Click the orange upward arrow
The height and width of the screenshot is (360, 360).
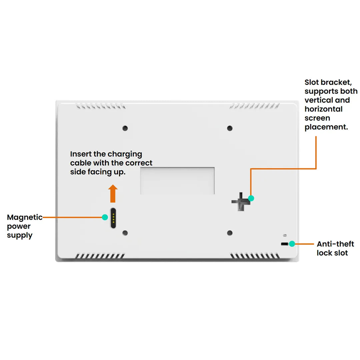(x=113, y=194)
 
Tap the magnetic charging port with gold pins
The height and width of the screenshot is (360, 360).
(x=113, y=218)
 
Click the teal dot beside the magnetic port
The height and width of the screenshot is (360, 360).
(x=105, y=217)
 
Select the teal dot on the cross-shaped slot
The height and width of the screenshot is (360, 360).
(x=251, y=198)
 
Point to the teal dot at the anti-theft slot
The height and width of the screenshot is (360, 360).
(x=292, y=244)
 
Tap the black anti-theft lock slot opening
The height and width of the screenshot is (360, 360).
(x=284, y=244)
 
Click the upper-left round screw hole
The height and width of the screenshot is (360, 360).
(x=125, y=128)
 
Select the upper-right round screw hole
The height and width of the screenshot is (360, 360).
(x=230, y=128)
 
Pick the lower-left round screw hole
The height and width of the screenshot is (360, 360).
(x=125, y=233)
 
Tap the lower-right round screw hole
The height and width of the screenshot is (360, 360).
(x=230, y=233)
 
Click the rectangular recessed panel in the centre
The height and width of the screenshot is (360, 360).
(x=177, y=181)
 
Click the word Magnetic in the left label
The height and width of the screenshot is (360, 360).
(x=25, y=217)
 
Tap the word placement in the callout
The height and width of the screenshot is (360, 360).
(x=326, y=127)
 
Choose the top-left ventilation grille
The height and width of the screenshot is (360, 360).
(x=101, y=106)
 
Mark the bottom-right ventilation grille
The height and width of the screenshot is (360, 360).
(x=255, y=256)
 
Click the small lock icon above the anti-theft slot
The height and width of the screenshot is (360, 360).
(x=284, y=235)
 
